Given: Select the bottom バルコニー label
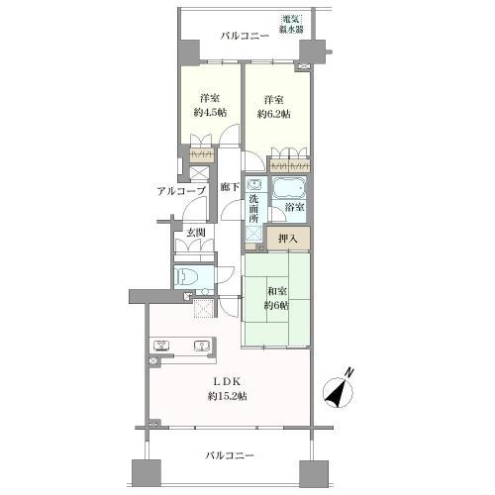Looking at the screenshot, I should (231, 455).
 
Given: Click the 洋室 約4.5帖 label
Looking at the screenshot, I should (209, 105).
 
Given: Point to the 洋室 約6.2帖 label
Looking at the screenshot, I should (274, 105).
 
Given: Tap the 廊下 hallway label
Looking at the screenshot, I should (229, 186).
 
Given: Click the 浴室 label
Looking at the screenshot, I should (293, 207).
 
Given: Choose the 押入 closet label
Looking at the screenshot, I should (287, 238).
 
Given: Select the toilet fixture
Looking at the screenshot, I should (189, 277).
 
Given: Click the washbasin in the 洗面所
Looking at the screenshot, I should (253, 185).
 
